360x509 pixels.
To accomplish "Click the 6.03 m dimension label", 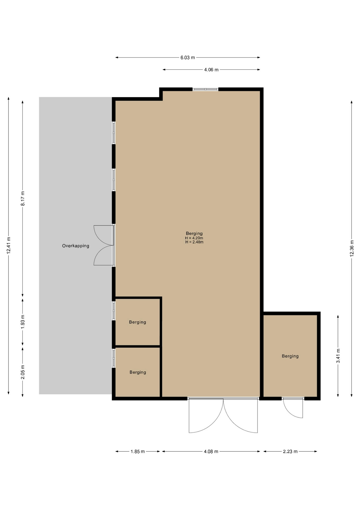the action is (188, 58).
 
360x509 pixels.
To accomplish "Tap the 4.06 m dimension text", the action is (211, 70).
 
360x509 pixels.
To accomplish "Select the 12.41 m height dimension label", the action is (8, 245).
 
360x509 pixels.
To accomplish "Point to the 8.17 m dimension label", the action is (23, 198).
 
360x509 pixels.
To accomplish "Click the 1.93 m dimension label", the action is (23, 322).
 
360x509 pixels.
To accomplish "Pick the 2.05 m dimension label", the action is (23, 372).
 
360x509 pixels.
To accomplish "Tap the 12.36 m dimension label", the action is (352, 248).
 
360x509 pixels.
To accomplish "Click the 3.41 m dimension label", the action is (338, 356).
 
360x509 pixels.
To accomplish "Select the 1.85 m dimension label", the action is (138, 451).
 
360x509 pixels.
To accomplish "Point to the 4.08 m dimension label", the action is (211, 451).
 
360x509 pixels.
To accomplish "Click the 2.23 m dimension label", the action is (290, 451).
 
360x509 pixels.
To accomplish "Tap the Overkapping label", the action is (76, 246).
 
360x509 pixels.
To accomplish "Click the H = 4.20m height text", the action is (194, 238).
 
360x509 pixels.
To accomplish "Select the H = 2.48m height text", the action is (194, 242).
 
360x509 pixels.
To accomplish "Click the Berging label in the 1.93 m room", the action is (138, 322).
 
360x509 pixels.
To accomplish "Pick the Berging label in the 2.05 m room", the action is (138, 372).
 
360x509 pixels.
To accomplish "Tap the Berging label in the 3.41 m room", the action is (290, 356).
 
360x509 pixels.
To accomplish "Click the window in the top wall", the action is (205, 89).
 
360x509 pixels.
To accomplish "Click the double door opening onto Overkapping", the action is (104, 245).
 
